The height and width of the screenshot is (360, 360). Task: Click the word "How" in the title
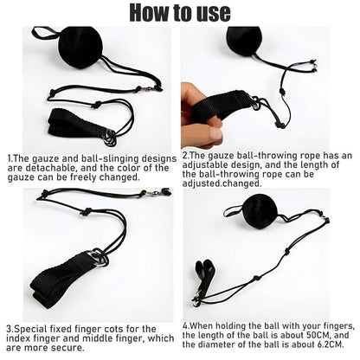click(x=145, y=12)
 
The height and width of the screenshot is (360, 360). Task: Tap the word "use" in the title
click(x=212, y=12)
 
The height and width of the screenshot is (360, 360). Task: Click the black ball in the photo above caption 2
click(x=245, y=39)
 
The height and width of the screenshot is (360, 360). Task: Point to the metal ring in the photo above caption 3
click(x=98, y=257)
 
